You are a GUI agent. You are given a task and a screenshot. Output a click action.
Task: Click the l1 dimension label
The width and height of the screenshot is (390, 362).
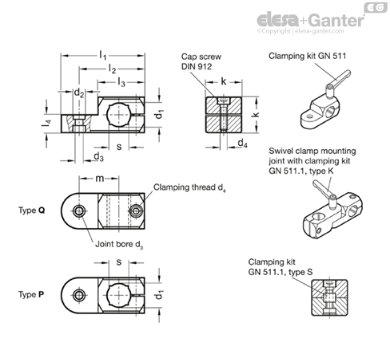tap(103, 56)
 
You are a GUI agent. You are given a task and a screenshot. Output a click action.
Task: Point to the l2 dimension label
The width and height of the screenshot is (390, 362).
tap(112, 69)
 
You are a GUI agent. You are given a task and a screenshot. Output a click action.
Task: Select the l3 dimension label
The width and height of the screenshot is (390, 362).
tap(121, 82)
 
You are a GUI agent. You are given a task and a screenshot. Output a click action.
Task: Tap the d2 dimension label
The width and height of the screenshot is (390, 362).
tap(79, 92)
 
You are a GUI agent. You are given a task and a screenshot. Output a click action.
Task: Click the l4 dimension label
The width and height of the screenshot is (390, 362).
tap(46, 124)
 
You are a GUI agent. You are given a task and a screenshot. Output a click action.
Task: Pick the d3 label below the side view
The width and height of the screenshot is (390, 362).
tap(98, 157)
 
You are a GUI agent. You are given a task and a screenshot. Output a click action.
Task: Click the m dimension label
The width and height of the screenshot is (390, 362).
tap(100, 179)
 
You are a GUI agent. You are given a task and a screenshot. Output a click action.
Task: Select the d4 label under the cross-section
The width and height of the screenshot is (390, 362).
tap(242, 144)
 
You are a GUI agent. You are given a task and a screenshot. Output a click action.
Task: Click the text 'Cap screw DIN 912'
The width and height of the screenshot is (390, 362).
tap(201, 61)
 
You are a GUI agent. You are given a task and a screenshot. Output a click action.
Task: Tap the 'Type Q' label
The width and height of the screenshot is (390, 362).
tap(32, 211)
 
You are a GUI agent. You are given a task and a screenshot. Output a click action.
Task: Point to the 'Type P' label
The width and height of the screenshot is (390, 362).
tap(31, 294)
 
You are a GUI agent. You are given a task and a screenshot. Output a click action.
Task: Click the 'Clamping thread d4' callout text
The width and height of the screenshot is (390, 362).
tap(189, 187)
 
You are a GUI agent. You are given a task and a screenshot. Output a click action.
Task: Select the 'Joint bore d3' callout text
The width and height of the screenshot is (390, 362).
tap(119, 244)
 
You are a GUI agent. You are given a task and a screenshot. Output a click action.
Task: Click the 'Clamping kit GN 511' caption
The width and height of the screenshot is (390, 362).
tap(307, 56)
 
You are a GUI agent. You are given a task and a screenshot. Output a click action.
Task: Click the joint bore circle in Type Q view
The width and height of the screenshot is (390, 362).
tap(79, 211)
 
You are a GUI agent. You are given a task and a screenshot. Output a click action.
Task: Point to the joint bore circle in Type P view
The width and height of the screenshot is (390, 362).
tap(79, 295)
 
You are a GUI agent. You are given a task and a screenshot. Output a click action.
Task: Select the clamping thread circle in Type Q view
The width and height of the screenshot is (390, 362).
tap(136, 211)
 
